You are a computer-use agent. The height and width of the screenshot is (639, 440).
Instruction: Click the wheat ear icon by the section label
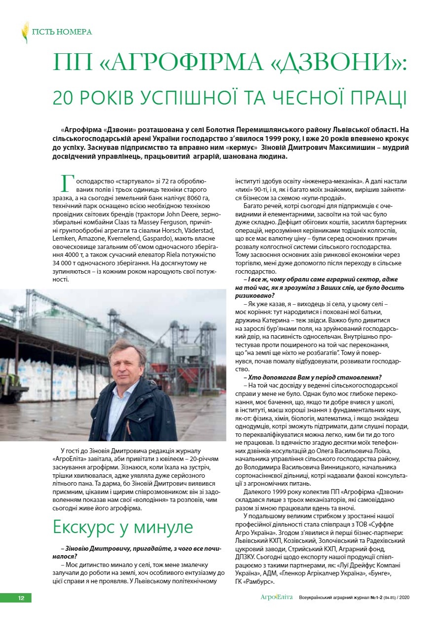tap(25, 32)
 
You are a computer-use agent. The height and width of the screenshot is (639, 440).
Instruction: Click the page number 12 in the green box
tap(21, 598)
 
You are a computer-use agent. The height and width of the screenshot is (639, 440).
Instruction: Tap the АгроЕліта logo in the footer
tap(276, 598)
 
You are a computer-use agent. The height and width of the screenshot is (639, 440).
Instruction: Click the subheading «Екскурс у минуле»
tap(123, 527)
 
